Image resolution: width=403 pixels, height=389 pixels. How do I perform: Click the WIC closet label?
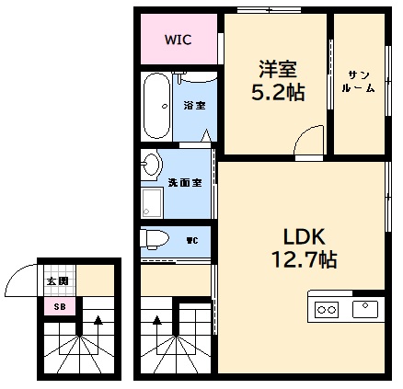[178, 40]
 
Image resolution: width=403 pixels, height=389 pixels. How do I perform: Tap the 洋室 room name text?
[277, 67]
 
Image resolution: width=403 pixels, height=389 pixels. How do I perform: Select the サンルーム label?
[359, 82]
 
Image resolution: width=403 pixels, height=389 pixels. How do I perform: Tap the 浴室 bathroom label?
[193, 105]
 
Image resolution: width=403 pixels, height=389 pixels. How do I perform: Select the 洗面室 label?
[190, 181]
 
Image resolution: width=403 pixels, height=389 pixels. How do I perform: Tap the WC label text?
[192, 241]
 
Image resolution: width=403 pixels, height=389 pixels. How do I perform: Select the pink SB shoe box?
[59, 306]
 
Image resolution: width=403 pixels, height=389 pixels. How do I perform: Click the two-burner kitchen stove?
[328, 309]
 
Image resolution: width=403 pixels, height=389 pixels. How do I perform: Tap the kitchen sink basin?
[365, 307]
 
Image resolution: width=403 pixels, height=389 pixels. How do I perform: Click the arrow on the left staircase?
[97, 322]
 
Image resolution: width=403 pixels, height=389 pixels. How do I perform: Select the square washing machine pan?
[152, 204]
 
